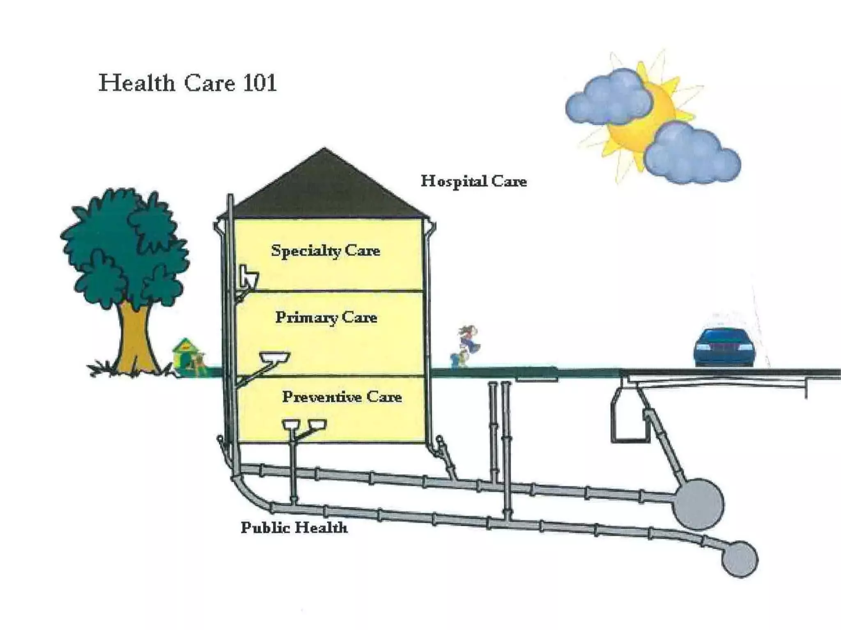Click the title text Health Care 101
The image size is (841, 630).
point(188,83)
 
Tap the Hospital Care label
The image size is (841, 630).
point(473,181)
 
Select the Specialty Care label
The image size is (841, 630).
point(326,250)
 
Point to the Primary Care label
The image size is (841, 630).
point(326,317)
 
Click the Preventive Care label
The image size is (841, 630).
point(342,397)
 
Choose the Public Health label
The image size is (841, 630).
point(294,527)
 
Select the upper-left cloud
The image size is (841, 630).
point(608,98)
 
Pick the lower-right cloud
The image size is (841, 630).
point(692,154)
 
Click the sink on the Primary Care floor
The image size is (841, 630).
point(274,357)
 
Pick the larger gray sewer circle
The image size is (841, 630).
point(698,504)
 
